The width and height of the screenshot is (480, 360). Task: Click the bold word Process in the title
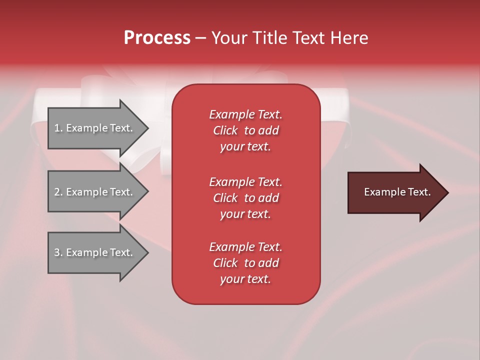[x=157, y=38]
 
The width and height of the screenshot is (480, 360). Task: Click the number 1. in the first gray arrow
[x=58, y=128]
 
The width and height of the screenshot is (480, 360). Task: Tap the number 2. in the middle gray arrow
[x=58, y=192]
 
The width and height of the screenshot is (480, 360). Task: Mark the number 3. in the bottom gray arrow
[x=58, y=252]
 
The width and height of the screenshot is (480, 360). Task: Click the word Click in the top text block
[x=225, y=131]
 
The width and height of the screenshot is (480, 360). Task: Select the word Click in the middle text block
[x=225, y=198]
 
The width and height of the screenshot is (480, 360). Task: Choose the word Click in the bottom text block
[x=225, y=263]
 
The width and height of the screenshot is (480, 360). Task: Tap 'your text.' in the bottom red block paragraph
[x=245, y=279]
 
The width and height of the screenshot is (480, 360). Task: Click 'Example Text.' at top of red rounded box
[x=245, y=114]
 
